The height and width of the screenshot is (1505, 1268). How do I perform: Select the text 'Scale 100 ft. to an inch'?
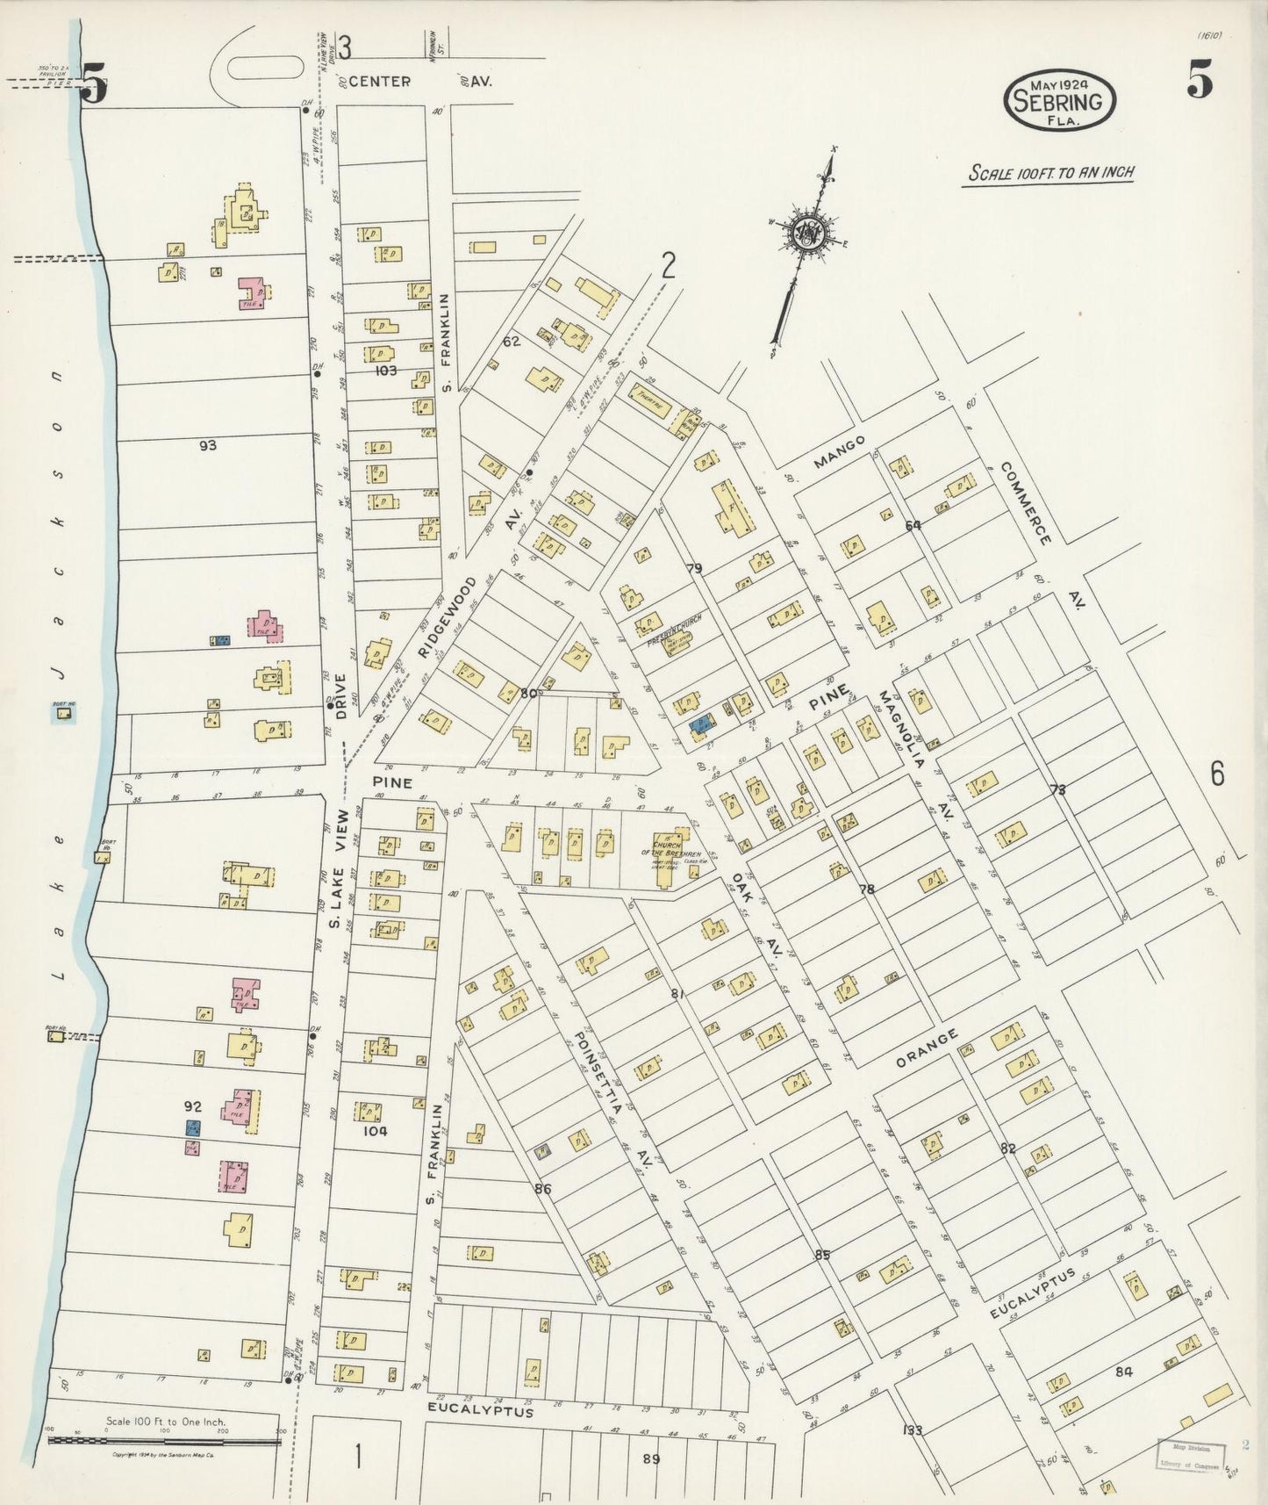[x=1050, y=172]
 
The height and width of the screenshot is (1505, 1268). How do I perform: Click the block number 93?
[x=207, y=445]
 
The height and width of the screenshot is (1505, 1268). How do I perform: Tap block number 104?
[x=375, y=1131]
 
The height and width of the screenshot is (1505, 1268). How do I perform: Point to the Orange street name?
[x=927, y=1049]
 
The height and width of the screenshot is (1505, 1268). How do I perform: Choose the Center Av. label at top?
[x=380, y=82]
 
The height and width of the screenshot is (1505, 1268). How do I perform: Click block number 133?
[x=913, y=1429]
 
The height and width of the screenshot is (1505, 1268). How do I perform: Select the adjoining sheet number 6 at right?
[x=1216, y=774]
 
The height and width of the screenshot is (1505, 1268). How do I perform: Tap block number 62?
[x=512, y=341]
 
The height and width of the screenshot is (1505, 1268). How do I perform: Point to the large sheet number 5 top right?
[x=1200, y=83]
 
